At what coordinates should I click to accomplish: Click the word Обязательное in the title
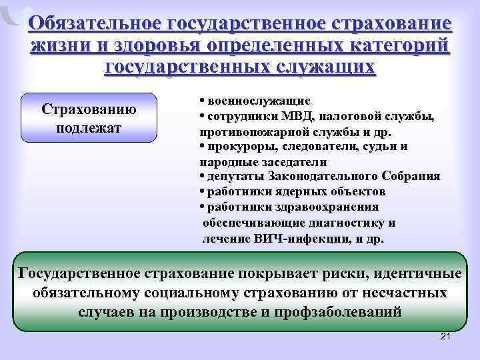coord(99,24)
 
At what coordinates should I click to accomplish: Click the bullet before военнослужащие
coord(201,101)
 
